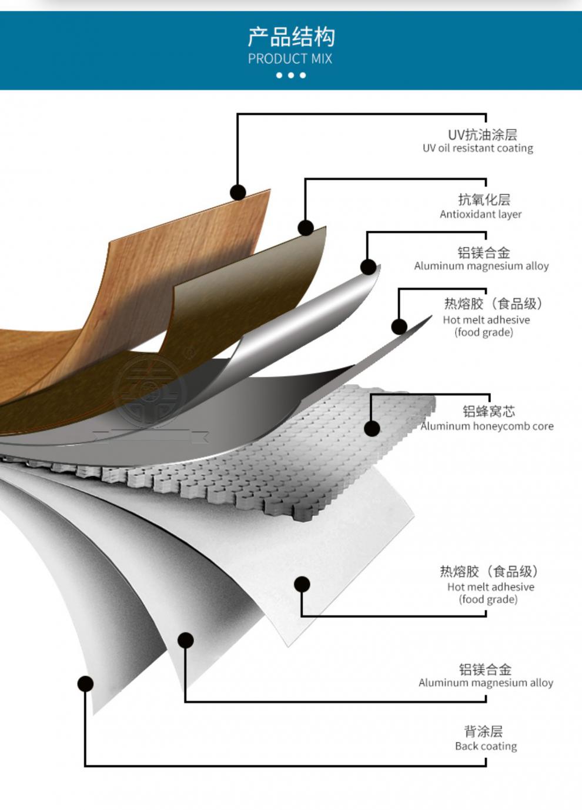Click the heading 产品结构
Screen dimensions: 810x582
[x=291, y=37]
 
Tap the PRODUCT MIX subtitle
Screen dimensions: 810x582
[x=290, y=59]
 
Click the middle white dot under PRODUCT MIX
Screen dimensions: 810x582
[x=291, y=75]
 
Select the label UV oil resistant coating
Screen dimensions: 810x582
[x=477, y=148]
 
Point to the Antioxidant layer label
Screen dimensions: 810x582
[x=480, y=214]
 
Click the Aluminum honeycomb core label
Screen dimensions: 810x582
[x=487, y=426]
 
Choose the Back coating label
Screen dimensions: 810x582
[x=486, y=746]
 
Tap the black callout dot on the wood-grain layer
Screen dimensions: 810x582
[x=238, y=192]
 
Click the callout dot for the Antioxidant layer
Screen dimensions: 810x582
[x=306, y=228]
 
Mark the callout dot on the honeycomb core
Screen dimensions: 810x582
[x=372, y=428]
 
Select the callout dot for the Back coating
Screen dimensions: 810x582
[x=85, y=684]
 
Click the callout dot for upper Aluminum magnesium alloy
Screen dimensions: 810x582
[x=369, y=267]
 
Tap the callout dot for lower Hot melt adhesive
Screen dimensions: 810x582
[x=302, y=584]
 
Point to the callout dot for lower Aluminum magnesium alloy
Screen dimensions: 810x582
[x=186, y=640]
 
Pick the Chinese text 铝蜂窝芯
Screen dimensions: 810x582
[x=489, y=411]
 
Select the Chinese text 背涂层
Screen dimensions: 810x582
[x=483, y=731]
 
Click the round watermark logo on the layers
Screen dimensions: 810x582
[x=150, y=391]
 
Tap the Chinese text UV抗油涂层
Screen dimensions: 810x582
[x=482, y=135]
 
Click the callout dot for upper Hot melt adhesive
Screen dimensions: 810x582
[x=399, y=327]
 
